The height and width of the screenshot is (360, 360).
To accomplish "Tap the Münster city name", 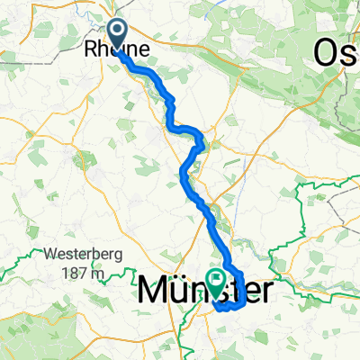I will point(205,290).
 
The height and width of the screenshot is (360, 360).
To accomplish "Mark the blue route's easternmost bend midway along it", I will point(206,141).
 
